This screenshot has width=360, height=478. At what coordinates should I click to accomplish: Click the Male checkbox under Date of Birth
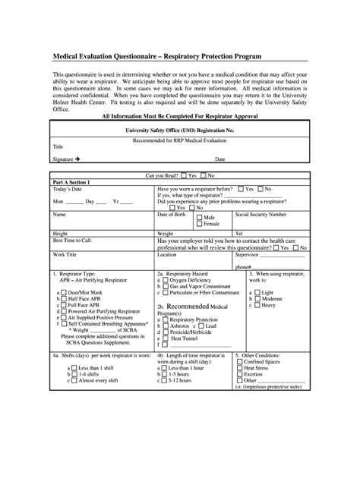tap(199, 217)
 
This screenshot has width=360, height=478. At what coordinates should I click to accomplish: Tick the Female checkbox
tap(199, 224)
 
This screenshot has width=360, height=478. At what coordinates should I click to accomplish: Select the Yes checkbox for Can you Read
tap(183, 175)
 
